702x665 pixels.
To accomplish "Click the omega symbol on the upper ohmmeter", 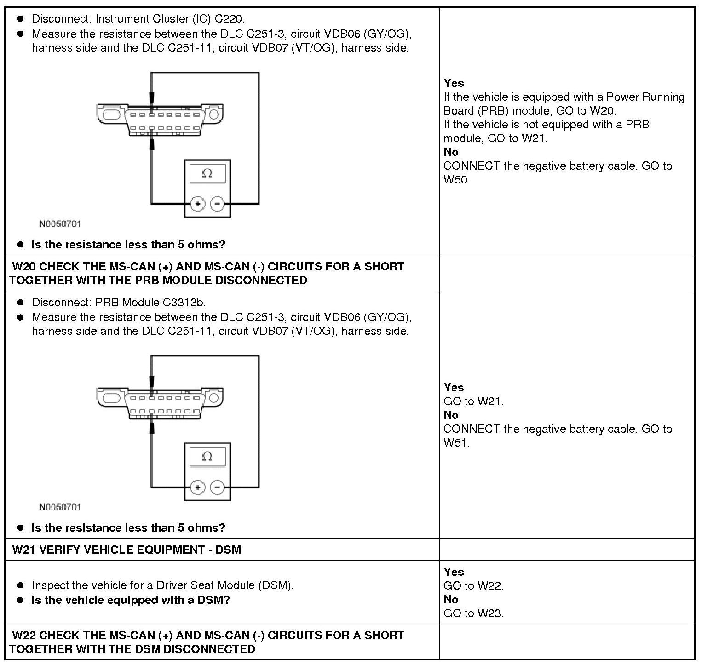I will [207, 173].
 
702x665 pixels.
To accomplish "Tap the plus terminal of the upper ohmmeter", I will [197, 204].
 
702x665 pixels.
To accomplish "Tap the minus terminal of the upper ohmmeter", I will [217, 204].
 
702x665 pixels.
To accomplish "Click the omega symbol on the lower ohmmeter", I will [207, 457].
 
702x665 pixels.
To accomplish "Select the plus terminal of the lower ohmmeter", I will [197, 487].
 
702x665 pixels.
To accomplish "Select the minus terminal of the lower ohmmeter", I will [217, 487].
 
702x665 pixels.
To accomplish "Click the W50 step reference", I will [456, 180].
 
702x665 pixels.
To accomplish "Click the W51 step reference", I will [456, 443].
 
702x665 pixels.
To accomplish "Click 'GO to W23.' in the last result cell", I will [473, 613].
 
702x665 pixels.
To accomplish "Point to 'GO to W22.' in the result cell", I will [473, 586].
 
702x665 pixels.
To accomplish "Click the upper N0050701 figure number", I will [60, 224].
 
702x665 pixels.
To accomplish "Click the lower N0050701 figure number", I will [60, 507].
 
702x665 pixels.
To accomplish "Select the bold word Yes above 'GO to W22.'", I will [454, 572].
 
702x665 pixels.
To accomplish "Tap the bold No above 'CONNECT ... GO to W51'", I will [451, 415].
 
